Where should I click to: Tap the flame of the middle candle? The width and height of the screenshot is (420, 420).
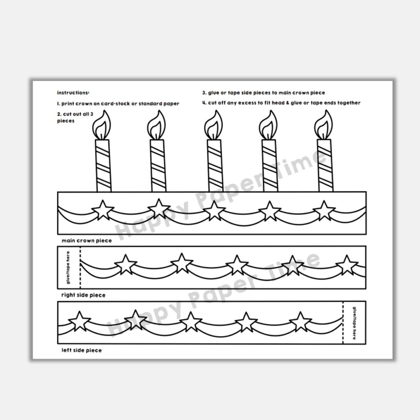(213, 126)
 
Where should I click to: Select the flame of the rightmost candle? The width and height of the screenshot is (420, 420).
(324, 126)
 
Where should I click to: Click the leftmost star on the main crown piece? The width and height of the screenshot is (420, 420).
(103, 210)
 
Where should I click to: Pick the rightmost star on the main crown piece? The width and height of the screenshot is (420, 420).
(324, 210)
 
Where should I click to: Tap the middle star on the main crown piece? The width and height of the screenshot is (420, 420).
(214, 210)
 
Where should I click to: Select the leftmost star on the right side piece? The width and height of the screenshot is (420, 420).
(125, 265)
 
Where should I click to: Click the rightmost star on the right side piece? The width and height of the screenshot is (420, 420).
(347, 265)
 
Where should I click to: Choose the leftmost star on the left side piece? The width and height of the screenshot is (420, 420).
(79, 321)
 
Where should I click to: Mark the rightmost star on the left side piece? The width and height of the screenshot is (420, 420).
(301, 321)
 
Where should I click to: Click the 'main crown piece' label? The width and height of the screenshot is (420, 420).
(87, 241)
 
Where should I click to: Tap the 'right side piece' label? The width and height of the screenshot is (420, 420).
(83, 295)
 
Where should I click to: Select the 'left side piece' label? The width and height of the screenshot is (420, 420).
(82, 351)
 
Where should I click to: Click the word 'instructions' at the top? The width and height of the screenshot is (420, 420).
(73, 93)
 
